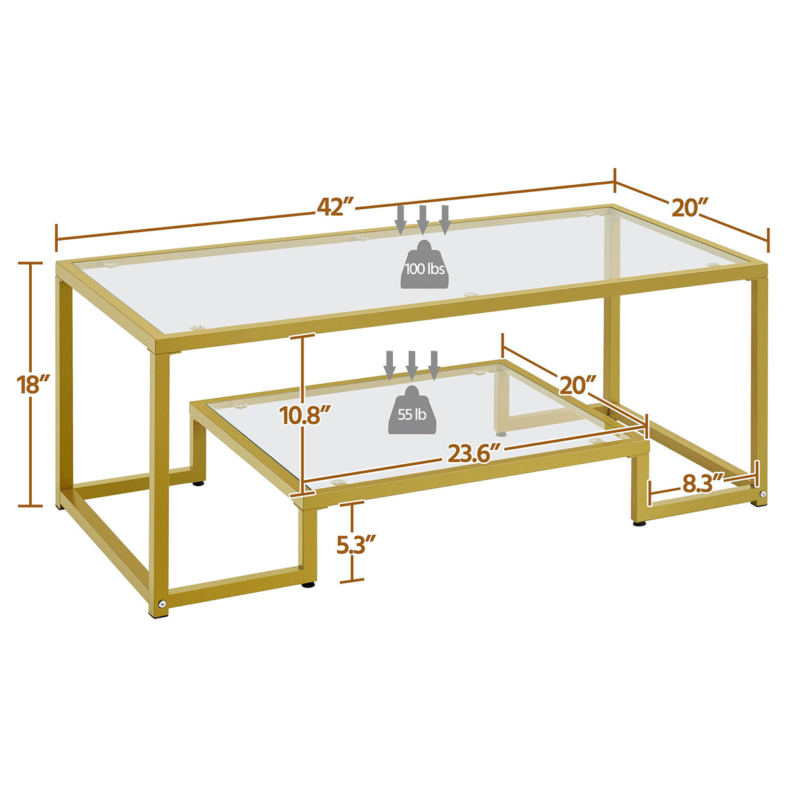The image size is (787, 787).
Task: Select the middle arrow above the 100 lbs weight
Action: click(x=423, y=219)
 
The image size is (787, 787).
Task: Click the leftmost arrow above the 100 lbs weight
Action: click(x=401, y=219)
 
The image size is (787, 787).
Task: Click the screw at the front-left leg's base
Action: click(x=160, y=604)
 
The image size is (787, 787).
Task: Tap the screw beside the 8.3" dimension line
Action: click(x=763, y=495)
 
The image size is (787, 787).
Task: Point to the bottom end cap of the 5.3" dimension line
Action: click(x=352, y=581)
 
